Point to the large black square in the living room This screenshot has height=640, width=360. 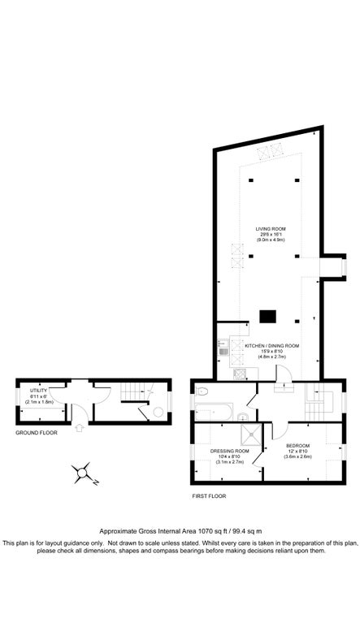click(267, 316)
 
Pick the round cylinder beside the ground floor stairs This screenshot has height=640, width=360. click(143, 412)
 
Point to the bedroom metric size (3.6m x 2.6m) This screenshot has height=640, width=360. click(299, 457)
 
